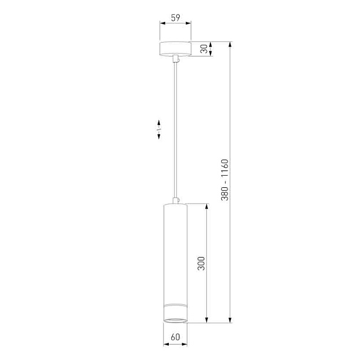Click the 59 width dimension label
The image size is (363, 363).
pyautogui.click(x=175, y=18)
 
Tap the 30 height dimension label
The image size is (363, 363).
pyautogui.click(x=205, y=49)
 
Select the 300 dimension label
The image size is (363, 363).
pyautogui.click(x=201, y=263)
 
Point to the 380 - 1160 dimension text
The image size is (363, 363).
pyautogui.click(x=224, y=180)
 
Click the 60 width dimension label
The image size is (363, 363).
pyautogui.click(x=175, y=337)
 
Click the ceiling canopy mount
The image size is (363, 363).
pyautogui.click(x=175, y=49)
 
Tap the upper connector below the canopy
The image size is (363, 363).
pyautogui.click(x=176, y=58)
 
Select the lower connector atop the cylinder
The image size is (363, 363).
pyautogui.click(x=176, y=201)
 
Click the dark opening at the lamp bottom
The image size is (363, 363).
pyautogui.click(x=175, y=320)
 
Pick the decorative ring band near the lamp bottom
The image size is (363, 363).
pyautogui.click(x=175, y=305)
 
